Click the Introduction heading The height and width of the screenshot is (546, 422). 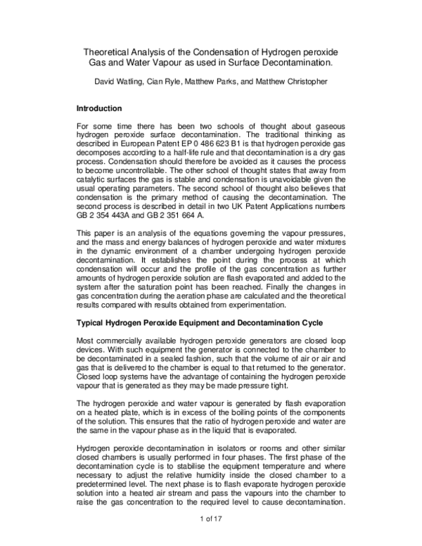99,109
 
